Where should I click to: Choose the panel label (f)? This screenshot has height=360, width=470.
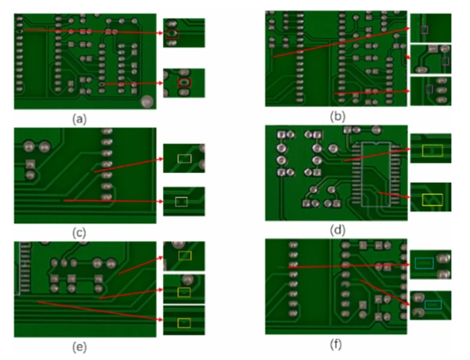[336, 344]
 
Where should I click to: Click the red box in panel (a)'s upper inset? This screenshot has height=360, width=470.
[172, 33]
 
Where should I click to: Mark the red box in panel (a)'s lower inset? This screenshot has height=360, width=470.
[184, 83]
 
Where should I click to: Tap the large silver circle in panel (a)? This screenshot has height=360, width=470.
[148, 101]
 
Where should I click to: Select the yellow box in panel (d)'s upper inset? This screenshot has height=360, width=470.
[429, 151]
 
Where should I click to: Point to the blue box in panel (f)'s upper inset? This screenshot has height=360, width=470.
[424, 263]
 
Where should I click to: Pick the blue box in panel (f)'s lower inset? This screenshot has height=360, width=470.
[432, 304]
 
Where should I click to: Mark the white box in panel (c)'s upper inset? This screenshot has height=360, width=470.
[185, 159]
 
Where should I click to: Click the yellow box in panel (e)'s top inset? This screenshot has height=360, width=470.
[185, 255]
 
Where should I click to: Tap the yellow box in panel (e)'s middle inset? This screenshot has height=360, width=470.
[185, 292]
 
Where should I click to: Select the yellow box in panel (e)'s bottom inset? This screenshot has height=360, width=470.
[184, 322]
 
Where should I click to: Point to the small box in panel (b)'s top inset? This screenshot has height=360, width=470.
[424, 29]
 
